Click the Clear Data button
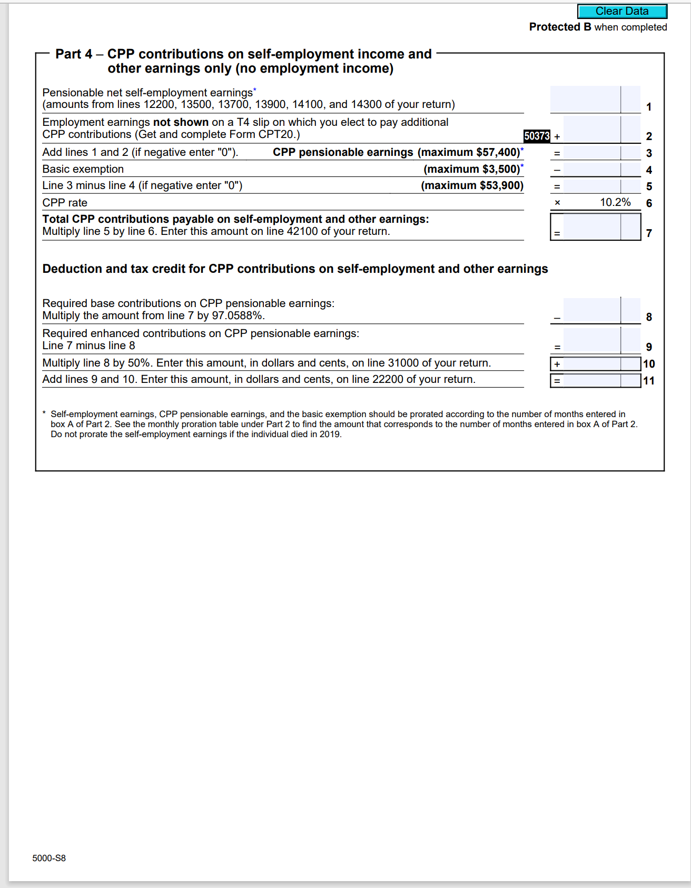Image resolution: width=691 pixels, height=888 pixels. point(622,11)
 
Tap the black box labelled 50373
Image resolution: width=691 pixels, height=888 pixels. point(536,136)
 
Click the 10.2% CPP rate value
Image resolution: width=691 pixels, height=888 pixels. point(615,202)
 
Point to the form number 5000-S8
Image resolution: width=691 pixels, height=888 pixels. point(49,858)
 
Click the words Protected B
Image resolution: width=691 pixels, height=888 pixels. point(560,27)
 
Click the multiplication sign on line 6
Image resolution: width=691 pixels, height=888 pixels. point(557,203)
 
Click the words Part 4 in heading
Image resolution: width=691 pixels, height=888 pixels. point(74,54)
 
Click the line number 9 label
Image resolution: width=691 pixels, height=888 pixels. point(649,347)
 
